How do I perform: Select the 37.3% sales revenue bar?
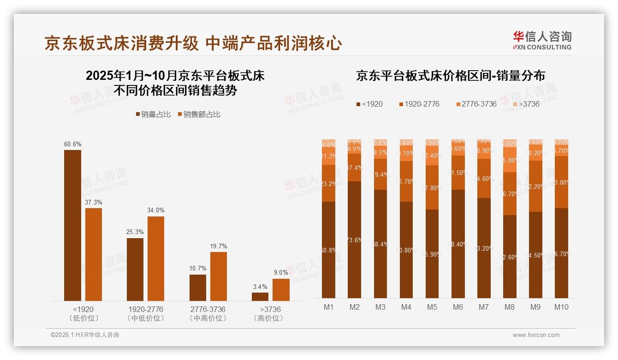coord(94,254)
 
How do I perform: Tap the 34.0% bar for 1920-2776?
coord(156,258)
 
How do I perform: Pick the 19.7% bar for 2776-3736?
coord(218,276)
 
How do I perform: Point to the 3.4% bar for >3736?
coord(260,296)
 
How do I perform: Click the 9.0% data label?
coord(280,273)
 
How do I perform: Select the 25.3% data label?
coord(135,232)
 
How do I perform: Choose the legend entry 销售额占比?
coord(199,114)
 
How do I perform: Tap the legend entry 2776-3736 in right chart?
coord(475,104)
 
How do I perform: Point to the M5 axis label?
coord(432,307)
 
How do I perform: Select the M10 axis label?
coord(561,307)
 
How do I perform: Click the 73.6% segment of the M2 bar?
coord(355,240)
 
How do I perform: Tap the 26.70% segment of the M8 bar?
coord(510,194)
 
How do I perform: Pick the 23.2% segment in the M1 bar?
coord(329,183)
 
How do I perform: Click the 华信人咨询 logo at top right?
coord(542,40)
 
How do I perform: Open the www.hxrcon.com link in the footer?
coord(535,335)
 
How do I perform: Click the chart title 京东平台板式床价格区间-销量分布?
coord(450,76)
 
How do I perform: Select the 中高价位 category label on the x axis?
coord(208,318)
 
